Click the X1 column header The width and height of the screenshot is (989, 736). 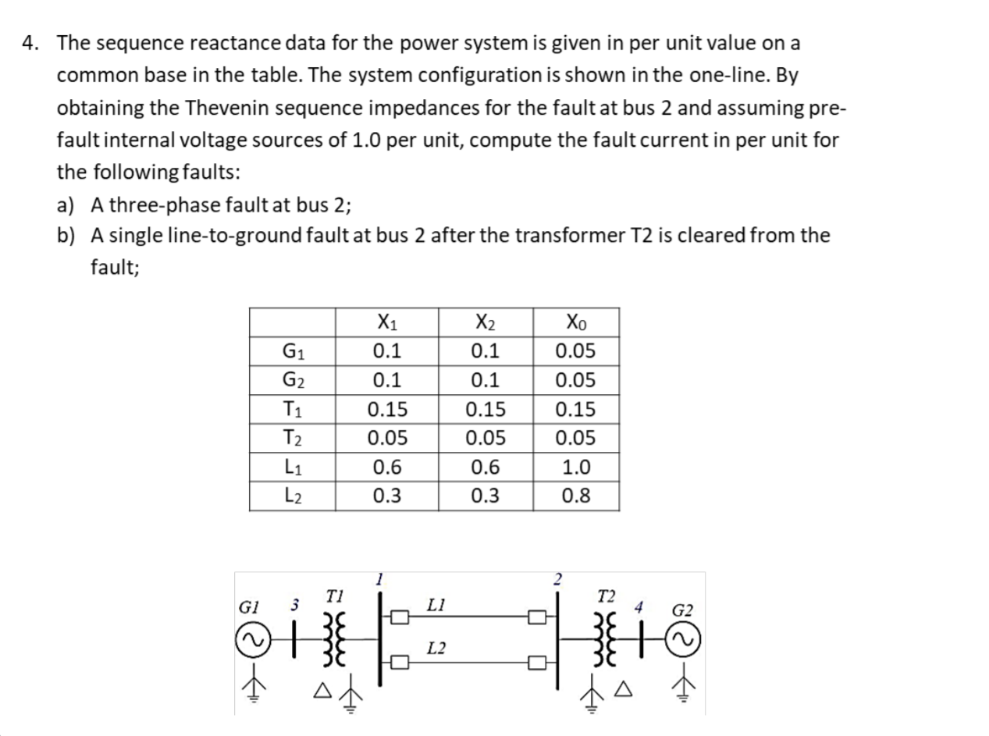[386, 322]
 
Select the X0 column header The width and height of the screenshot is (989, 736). [575, 322]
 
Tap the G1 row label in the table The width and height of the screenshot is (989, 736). [292, 350]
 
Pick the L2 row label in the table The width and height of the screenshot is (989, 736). [292, 496]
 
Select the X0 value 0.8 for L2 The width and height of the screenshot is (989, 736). [575, 496]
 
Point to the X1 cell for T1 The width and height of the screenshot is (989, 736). [386, 409]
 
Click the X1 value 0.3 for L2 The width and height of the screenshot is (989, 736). [386, 496]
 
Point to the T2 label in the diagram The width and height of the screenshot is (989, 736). [604, 597]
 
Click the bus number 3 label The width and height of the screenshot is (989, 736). [295, 605]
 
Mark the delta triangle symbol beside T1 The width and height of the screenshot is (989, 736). [321, 691]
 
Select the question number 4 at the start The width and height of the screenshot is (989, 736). [28, 43]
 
